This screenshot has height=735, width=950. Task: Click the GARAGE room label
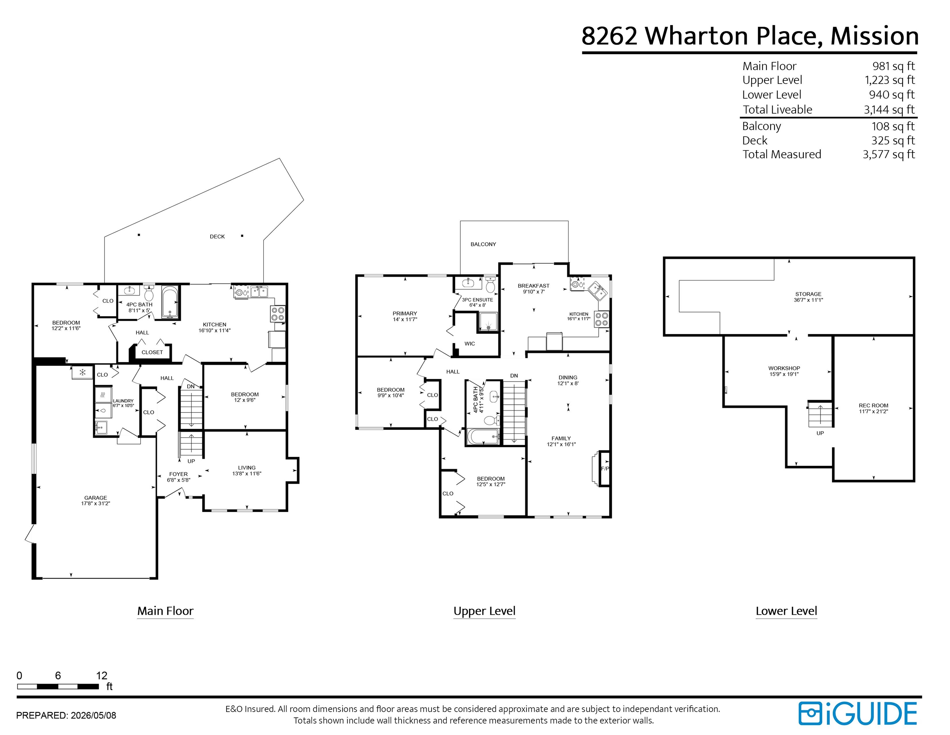point(96,498)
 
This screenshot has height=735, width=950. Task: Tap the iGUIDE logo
point(858,714)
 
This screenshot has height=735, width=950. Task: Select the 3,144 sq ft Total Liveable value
point(889,110)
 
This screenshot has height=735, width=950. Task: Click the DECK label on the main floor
point(217,236)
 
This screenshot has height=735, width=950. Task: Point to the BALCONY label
point(483,244)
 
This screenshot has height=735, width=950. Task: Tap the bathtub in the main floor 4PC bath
point(170,302)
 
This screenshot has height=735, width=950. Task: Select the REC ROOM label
point(874,405)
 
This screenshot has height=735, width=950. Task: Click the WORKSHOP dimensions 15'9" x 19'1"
point(784,374)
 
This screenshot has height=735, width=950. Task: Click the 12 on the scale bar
point(102,675)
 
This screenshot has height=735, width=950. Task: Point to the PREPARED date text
point(66,716)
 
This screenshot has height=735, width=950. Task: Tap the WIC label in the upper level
point(470,344)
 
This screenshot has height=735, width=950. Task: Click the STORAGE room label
point(808,294)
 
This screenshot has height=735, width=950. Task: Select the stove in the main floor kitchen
point(278,314)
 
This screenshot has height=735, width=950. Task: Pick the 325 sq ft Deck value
point(893,141)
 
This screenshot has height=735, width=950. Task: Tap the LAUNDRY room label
point(123,401)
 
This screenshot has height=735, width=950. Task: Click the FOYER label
point(178,474)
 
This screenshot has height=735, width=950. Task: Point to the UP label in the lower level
point(820,433)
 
